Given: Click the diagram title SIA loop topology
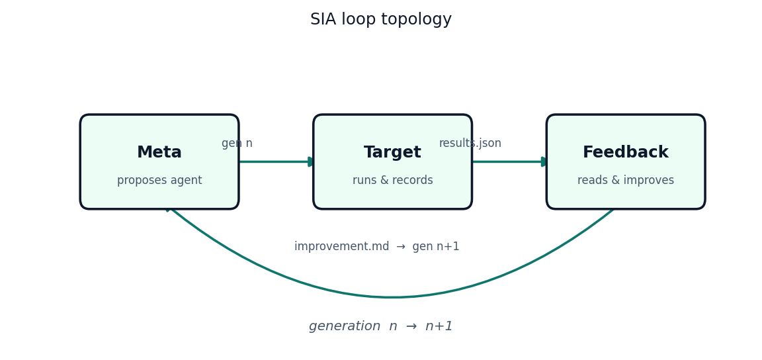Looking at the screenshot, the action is click(x=381, y=19).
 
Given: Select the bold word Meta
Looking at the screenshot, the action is click(x=159, y=152).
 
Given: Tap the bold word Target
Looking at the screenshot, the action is click(x=393, y=152).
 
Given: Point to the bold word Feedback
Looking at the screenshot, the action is click(x=626, y=152).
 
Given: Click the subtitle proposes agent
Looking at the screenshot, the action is click(x=159, y=181).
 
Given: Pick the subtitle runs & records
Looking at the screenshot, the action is click(x=393, y=181).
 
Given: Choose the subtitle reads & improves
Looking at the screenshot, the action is click(x=626, y=181).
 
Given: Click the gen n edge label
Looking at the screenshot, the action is click(x=237, y=144).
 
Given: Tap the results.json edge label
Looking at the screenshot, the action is click(x=470, y=144).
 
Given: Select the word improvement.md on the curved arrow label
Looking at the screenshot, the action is click(x=341, y=247).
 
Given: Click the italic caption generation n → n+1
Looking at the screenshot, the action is click(x=381, y=326).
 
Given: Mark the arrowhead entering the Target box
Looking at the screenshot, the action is click(x=311, y=161).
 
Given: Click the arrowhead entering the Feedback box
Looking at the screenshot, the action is click(x=544, y=161).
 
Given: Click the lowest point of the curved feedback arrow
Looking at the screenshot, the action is click(x=392, y=296).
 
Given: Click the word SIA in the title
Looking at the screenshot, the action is click(x=323, y=19).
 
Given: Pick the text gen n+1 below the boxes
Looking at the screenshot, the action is click(x=436, y=247).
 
